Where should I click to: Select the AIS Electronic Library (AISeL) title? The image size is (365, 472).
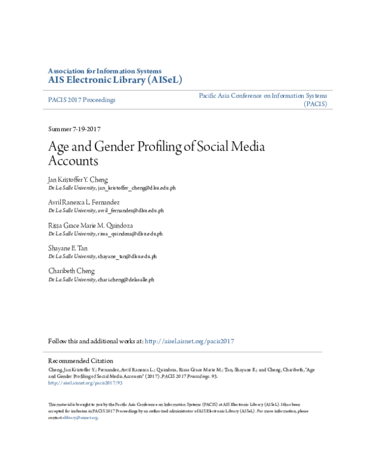pos(114,80)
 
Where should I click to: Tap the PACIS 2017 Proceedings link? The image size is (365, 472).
pos(82,99)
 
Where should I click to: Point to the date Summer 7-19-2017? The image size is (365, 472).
pos(74,130)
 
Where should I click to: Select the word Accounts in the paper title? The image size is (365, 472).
pos(72,162)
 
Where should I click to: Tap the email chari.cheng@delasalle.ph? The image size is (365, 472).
pos(125,279)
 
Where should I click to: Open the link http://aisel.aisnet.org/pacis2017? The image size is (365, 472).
pos(190,341)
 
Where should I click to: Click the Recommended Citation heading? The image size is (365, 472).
pos(80,361)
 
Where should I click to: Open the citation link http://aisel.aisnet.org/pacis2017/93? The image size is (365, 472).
pos(85,383)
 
